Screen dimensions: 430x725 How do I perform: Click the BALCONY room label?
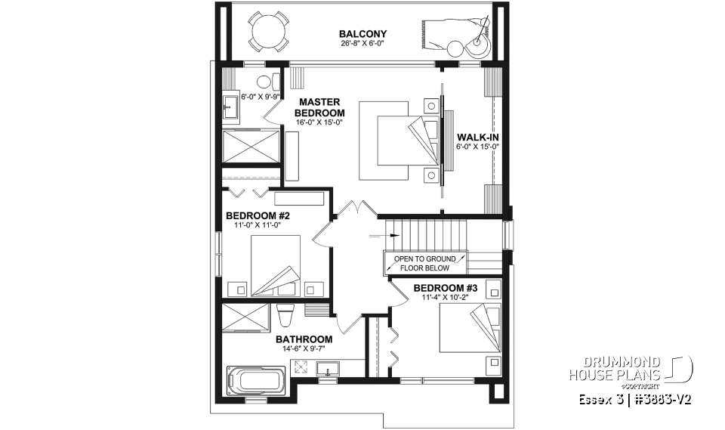point(362,34)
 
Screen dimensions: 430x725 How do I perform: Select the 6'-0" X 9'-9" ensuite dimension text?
point(259,97)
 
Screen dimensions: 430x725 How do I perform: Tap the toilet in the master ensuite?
point(264,82)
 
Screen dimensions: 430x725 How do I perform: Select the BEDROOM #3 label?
point(445,288)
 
